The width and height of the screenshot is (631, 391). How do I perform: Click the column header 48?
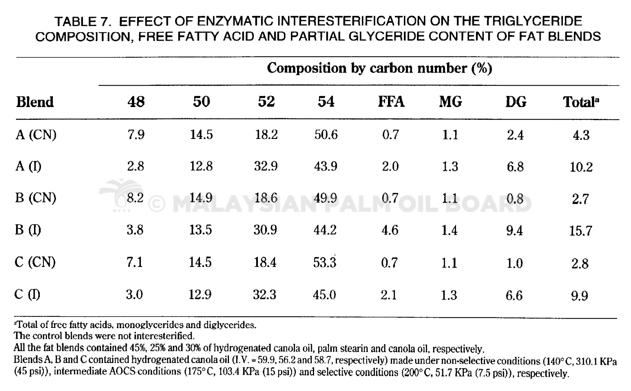(x=136, y=102)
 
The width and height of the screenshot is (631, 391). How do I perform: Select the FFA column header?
(x=391, y=102)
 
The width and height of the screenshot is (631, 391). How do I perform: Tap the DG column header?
(x=515, y=102)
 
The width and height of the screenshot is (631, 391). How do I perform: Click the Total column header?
(x=581, y=102)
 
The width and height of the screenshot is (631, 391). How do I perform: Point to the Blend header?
(x=35, y=102)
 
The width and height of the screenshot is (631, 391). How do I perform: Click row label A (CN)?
(x=36, y=135)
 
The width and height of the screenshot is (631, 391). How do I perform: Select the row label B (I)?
(x=28, y=230)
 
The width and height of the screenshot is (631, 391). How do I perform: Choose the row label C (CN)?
(x=35, y=262)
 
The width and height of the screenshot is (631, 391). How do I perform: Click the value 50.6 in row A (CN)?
(x=326, y=135)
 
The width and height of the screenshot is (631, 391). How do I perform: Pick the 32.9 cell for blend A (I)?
(x=266, y=166)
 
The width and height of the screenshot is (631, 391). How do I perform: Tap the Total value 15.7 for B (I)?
(x=580, y=231)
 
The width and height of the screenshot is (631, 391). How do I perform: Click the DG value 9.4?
(x=514, y=230)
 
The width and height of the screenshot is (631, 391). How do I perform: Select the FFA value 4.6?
(x=390, y=230)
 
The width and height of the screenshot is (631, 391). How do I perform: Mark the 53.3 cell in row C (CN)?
(x=325, y=262)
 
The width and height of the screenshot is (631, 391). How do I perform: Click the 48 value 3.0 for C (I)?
(x=134, y=295)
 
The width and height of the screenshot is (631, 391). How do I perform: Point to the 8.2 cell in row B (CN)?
(x=135, y=198)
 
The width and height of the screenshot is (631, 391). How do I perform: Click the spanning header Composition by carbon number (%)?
(x=379, y=68)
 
